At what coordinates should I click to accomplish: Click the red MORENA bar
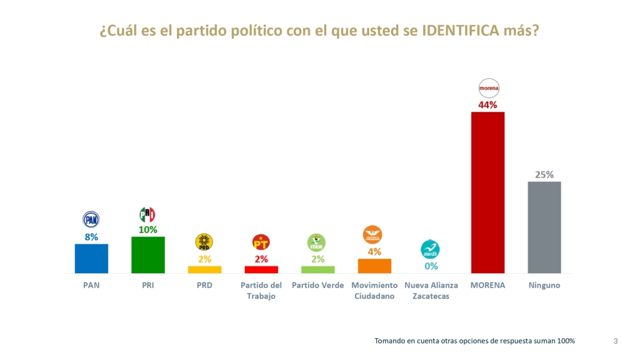click(x=487, y=192)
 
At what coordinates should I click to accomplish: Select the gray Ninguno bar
click(x=544, y=227)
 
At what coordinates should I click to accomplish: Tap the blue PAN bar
click(x=91, y=258)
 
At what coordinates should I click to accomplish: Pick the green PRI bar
click(x=148, y=254)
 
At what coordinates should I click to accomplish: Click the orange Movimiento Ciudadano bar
click(x=374, y=266)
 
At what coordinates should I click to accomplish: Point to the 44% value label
click(x=487, y=105)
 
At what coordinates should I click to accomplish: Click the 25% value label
click(x=544, y=174)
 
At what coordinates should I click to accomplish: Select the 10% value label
click(x=147, y=229)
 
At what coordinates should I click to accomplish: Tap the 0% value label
click(x=431, y=266)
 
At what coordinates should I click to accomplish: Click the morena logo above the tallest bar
click(x=488, y=88)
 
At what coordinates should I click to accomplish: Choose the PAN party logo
click(x=91, y=219)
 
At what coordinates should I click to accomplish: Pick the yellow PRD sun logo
click(x=204, y=242)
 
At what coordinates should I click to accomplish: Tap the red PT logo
click(x=261, y=242)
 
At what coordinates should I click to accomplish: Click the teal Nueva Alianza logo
click(x=430, y=249)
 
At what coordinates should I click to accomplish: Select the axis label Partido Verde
click(x=317, y=285)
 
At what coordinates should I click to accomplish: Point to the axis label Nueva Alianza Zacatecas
click(x=431, y=291)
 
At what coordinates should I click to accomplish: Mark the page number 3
click(x=616, y=341)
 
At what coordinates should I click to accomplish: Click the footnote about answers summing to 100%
click(x=474, y=341)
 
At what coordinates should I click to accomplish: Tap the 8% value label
click(x=91, y=237)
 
